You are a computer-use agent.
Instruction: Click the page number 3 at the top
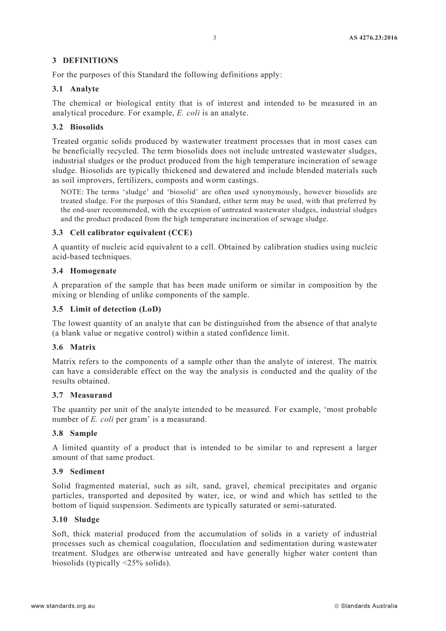(215, 38)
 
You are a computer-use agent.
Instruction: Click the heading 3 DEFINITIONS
(85, 61)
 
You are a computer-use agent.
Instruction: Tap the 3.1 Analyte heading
(76, 89)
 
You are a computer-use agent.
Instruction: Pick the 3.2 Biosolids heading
(77, 127)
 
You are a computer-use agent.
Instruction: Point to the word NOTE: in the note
(72, 192)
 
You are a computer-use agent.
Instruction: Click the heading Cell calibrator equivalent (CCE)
(131, 233)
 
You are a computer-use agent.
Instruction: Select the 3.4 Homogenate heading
(84, 271)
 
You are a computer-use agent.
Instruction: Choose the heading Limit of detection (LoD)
(115, 309)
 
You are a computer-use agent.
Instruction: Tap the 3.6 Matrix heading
(74, 347)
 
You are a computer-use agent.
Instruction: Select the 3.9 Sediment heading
(78, 471)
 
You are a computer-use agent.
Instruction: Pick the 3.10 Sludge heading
(76, 519)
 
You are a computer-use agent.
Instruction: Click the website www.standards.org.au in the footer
(63, 606)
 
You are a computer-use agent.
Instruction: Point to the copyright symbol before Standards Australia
(337, 606)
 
